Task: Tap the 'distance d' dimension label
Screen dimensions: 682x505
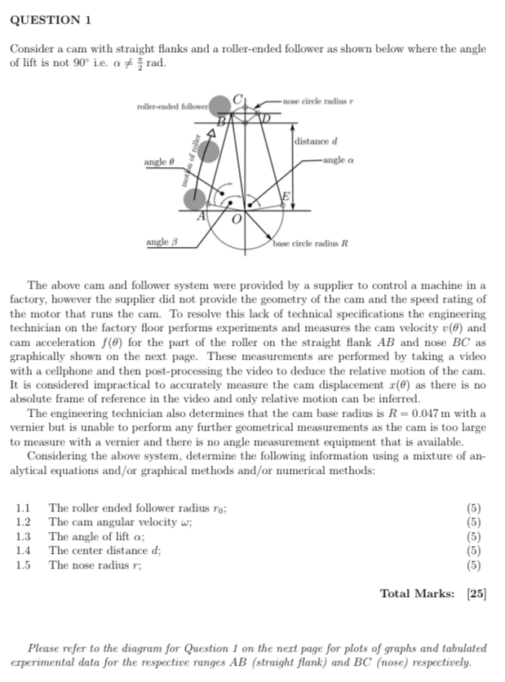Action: (x=311, y=142)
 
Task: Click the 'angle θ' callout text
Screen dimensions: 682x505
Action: (x=159, y=162)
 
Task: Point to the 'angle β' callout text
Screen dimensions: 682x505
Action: (x=159, y=242)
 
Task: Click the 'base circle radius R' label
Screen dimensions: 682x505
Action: (x=311, y=243)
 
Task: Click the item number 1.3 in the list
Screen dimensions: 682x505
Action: (x=23, y=536)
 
